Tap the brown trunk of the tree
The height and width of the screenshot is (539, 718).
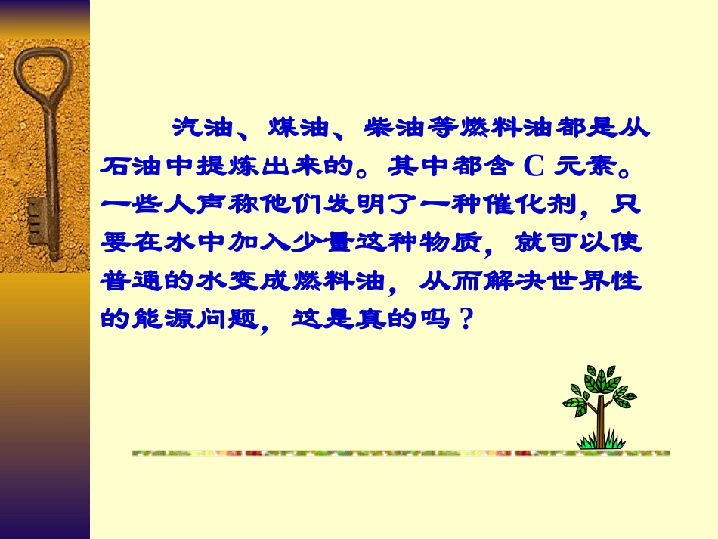click(600, 423)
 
